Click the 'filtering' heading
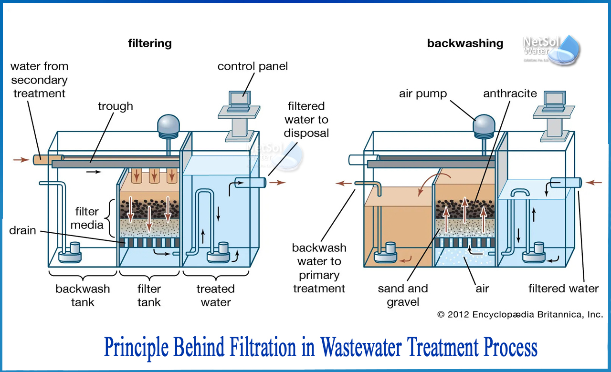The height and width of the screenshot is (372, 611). tap(149, 43)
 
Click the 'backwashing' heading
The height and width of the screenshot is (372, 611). tap(465, 43)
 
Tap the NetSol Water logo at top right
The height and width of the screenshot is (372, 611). tap(551, 49)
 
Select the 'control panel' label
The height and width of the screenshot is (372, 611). tap(253, 66)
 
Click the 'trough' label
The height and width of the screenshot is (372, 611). tap(116, 106)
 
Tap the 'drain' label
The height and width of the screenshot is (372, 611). tap(22, 230)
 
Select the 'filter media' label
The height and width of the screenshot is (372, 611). tap(87, 218)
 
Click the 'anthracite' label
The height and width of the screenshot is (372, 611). tap(510, 93)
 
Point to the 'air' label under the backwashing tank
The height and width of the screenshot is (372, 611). tap(482, 289)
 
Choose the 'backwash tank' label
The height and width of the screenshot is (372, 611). tap(83, 295)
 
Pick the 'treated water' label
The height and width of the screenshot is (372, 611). tap(216, 295)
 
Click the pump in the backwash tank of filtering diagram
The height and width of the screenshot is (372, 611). tap(70, 253)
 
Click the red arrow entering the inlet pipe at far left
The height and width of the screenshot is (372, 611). tap(21, 160)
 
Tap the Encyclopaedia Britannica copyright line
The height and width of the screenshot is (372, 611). tap(520, 314)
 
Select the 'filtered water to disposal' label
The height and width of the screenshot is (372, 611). tap(306, 119)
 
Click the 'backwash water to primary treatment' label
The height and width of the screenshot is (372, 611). tap(319, 268)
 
